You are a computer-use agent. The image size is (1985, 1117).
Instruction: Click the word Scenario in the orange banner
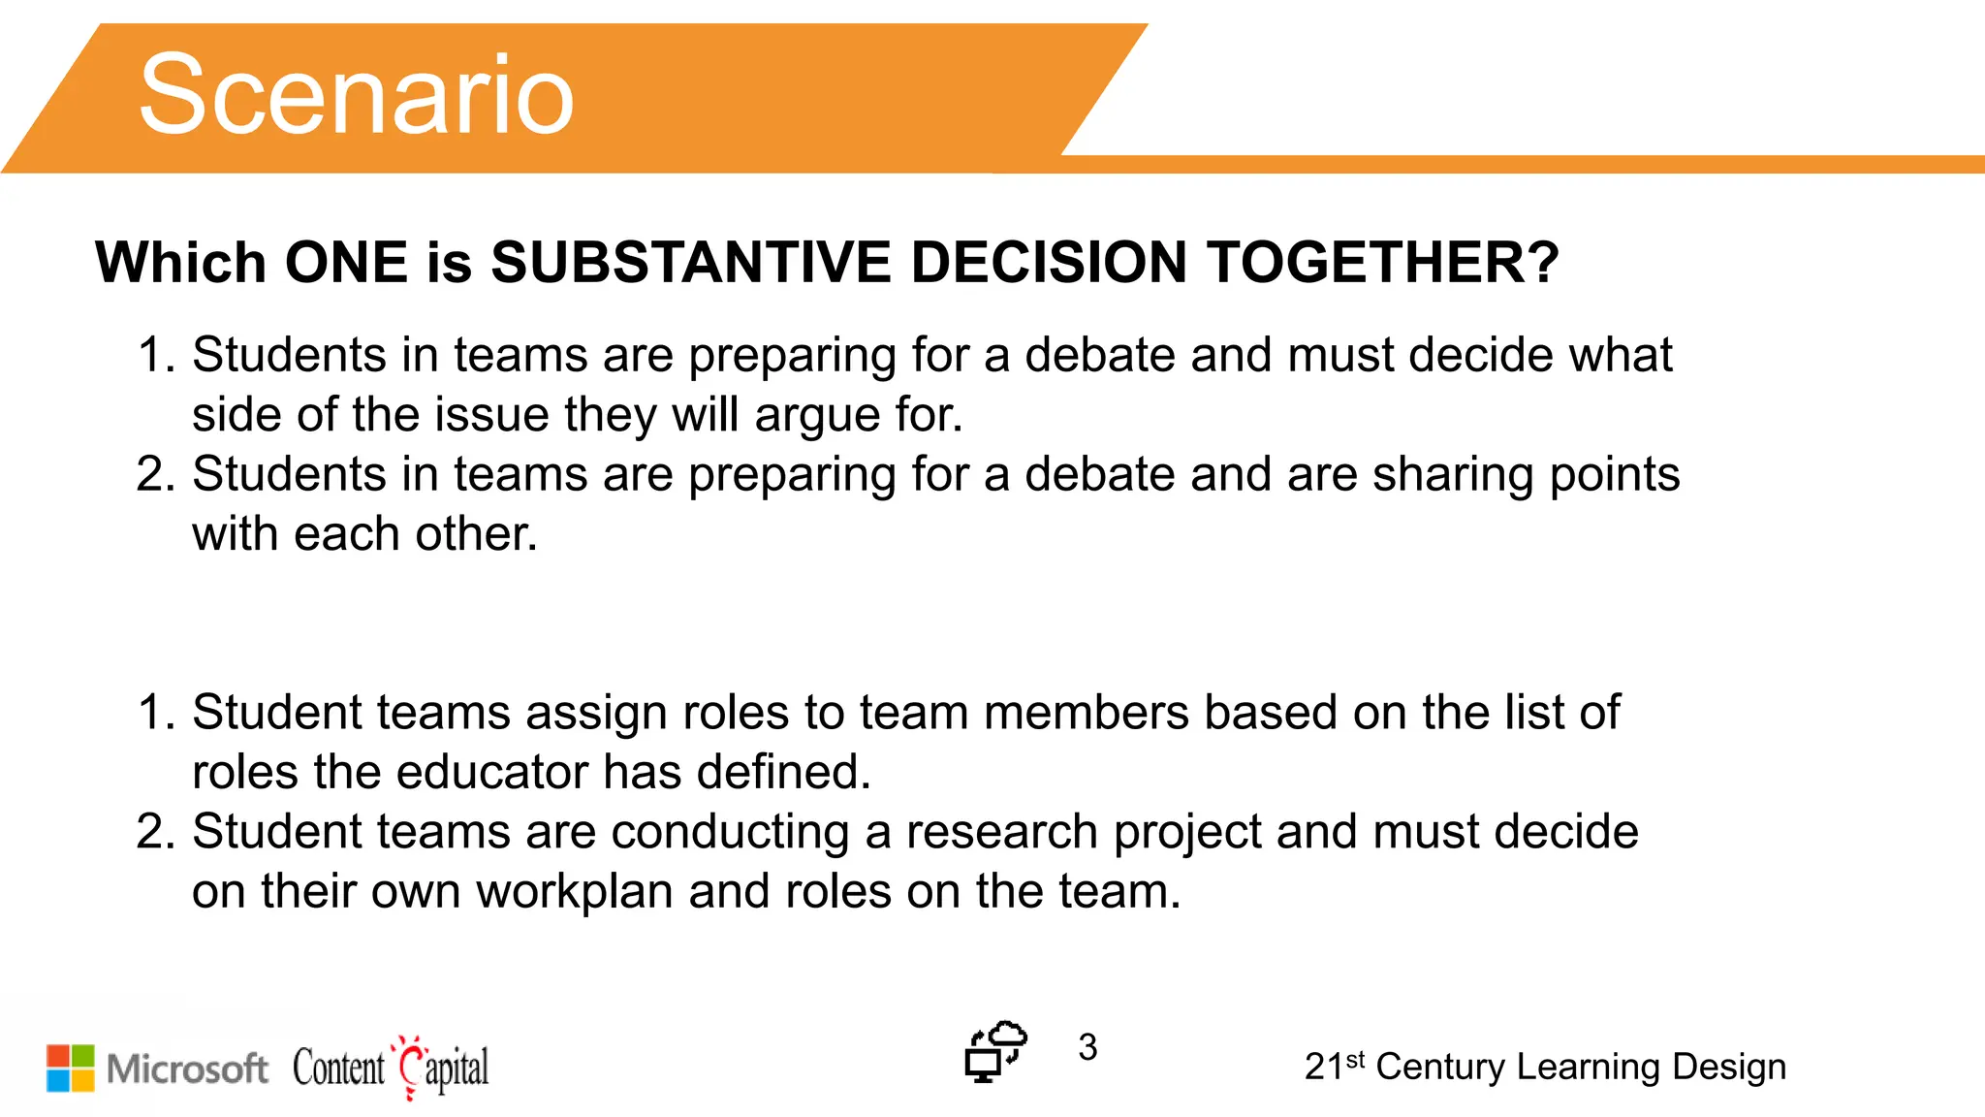click(357, 95)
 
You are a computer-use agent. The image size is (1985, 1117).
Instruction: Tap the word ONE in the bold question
click(346, 263)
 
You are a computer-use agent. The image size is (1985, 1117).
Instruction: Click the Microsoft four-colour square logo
click(71, 1068)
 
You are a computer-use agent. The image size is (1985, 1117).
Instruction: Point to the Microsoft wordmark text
click(187, 1069)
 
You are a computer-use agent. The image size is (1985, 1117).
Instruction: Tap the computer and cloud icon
click(995, 1051)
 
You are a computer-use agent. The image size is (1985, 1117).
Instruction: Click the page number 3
click(1087, 1047)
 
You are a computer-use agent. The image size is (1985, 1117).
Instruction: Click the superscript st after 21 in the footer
click(1355, 1059)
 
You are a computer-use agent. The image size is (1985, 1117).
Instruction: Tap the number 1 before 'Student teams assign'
click(153, 713)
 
